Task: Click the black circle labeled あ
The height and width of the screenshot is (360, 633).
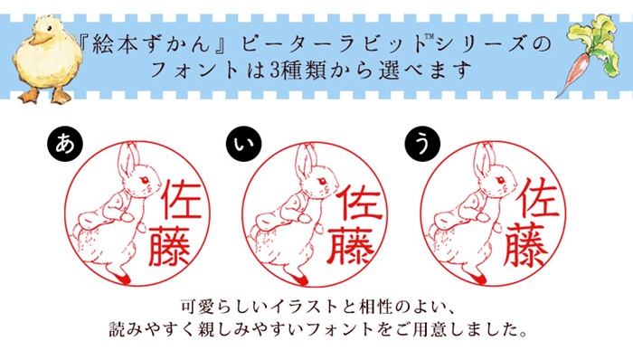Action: point(65,144)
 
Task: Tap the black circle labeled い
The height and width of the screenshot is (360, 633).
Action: point(244,144)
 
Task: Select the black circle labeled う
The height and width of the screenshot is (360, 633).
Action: point(422,144)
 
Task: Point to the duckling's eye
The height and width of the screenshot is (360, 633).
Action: point(49,28)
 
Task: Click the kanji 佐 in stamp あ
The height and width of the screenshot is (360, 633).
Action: point(183,200)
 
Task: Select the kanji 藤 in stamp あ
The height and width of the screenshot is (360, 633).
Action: point(170,246)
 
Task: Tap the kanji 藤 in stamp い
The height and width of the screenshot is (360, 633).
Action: point(349,246)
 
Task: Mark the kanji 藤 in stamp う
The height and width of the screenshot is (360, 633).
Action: point(526,245)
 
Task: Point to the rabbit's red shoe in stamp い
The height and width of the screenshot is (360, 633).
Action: point(300,278)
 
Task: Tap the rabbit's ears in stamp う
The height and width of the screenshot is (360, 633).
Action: point(483,160)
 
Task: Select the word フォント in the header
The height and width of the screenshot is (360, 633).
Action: point(195,71)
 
